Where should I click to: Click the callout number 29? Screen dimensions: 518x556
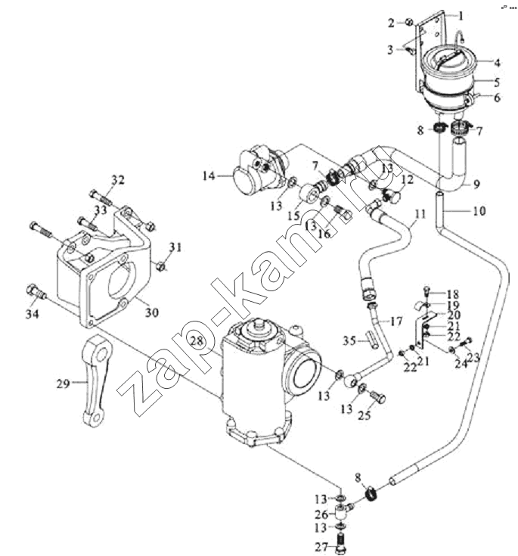coord(63,384)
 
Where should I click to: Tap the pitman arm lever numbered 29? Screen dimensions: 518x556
coord(95,381)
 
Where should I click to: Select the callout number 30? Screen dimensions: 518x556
coord(152,312)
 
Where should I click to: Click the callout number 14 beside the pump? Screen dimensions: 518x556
coord(209,175)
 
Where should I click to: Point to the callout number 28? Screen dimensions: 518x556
coord(197,341)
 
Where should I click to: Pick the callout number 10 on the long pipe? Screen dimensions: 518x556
coord(479,210)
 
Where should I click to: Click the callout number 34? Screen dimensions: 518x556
coord(33,314)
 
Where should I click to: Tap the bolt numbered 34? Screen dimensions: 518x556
coord(36,291)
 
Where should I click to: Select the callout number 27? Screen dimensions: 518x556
coord(321,547)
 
